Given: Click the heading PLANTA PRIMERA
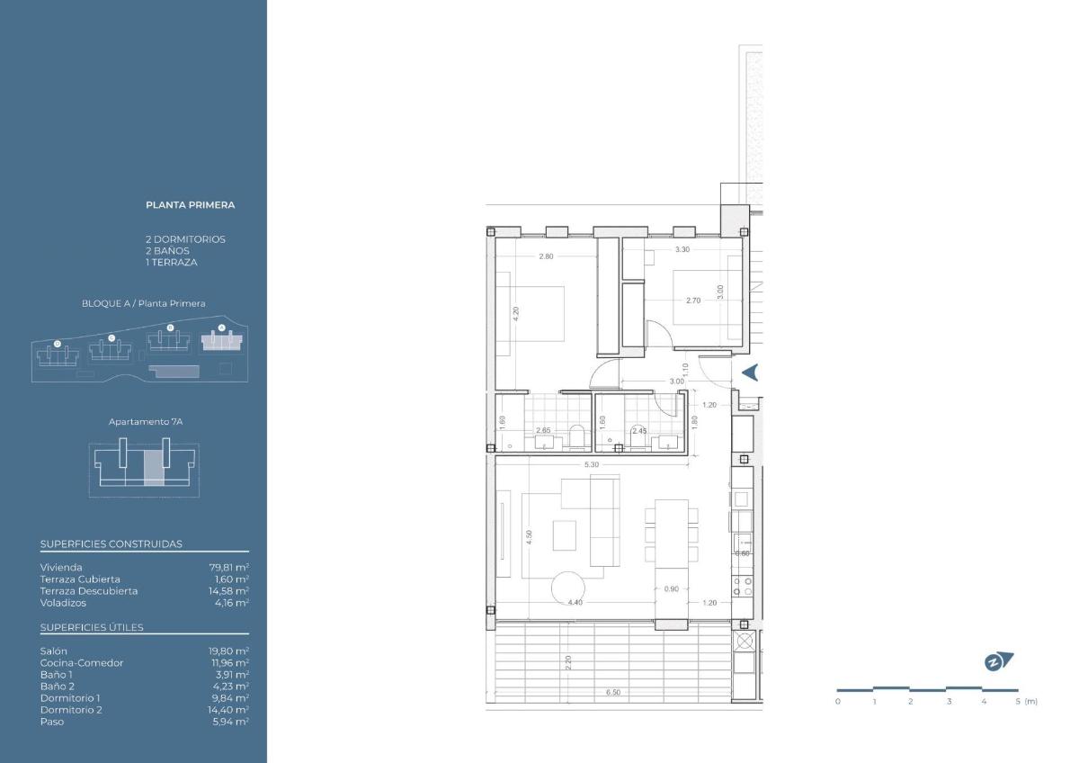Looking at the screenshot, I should click(190, 205).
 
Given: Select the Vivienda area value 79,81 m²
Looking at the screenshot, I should click(228, 568).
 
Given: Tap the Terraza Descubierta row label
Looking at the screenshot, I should click(89, 591).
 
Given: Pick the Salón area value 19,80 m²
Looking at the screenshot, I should click(228, 651).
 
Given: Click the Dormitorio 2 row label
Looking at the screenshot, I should click(71, 710).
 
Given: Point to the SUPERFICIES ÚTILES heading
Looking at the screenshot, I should click(92, 628).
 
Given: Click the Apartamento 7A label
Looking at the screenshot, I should click(139, 421).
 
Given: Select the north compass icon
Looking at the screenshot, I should click(998, 661).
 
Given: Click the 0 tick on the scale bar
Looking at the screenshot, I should click(838, 702).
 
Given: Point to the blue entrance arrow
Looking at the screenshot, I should click(749, 373).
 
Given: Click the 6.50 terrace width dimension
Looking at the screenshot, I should click(613, 693).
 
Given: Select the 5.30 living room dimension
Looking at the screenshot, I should click(592, 464).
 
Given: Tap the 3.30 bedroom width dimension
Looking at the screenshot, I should click(682, 249).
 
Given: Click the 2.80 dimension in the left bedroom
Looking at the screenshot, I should click(546, 256).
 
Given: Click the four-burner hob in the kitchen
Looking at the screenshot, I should click(743, 586).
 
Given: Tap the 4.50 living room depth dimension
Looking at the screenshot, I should click(531, 536).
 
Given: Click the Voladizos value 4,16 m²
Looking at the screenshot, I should click(228, 603).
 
